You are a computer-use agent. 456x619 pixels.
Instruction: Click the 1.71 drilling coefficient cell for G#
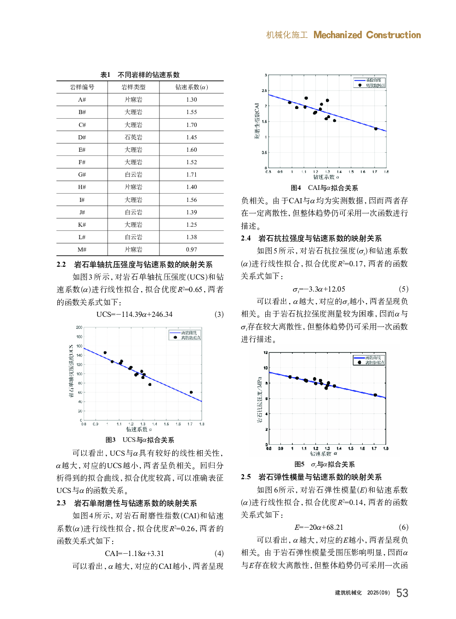(x=191, y=175)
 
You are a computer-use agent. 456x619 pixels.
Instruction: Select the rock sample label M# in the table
(x=82, y=250)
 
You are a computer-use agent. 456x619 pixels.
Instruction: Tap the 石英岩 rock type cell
(x=133, y=137)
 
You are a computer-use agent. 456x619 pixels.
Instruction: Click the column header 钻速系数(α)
(x=191, y=87)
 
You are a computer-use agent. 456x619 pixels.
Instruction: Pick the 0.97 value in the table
(x=191, y=250)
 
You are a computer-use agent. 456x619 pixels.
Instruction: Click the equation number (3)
(x=219, y=315)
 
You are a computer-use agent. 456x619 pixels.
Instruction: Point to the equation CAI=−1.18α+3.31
(x=134, y=554)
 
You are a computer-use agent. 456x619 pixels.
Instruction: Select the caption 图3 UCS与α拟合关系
(x=140, y=440)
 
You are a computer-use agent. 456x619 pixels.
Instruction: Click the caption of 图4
(x=324, y=188)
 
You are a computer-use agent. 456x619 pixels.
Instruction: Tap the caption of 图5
(x=325, y=464)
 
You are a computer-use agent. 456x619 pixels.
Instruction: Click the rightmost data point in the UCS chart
(x=191, y=392)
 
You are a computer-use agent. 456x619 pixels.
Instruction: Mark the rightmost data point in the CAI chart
(x=376, y=129)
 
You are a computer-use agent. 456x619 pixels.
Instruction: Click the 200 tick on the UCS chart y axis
(x=79, y=327)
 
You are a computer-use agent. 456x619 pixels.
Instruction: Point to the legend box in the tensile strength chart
(x=369, y=360)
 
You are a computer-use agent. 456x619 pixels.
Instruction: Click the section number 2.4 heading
(x=246, y=238)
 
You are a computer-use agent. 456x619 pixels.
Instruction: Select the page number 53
(x=402, y=593)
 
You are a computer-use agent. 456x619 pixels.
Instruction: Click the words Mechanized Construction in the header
(x=367, y=35)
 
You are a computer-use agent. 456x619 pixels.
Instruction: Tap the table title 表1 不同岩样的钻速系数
(x=140, y=75)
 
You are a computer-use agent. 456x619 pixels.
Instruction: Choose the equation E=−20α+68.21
(x=319, y=527)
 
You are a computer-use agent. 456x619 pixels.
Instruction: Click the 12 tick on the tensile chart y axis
(x=265, y=353)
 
